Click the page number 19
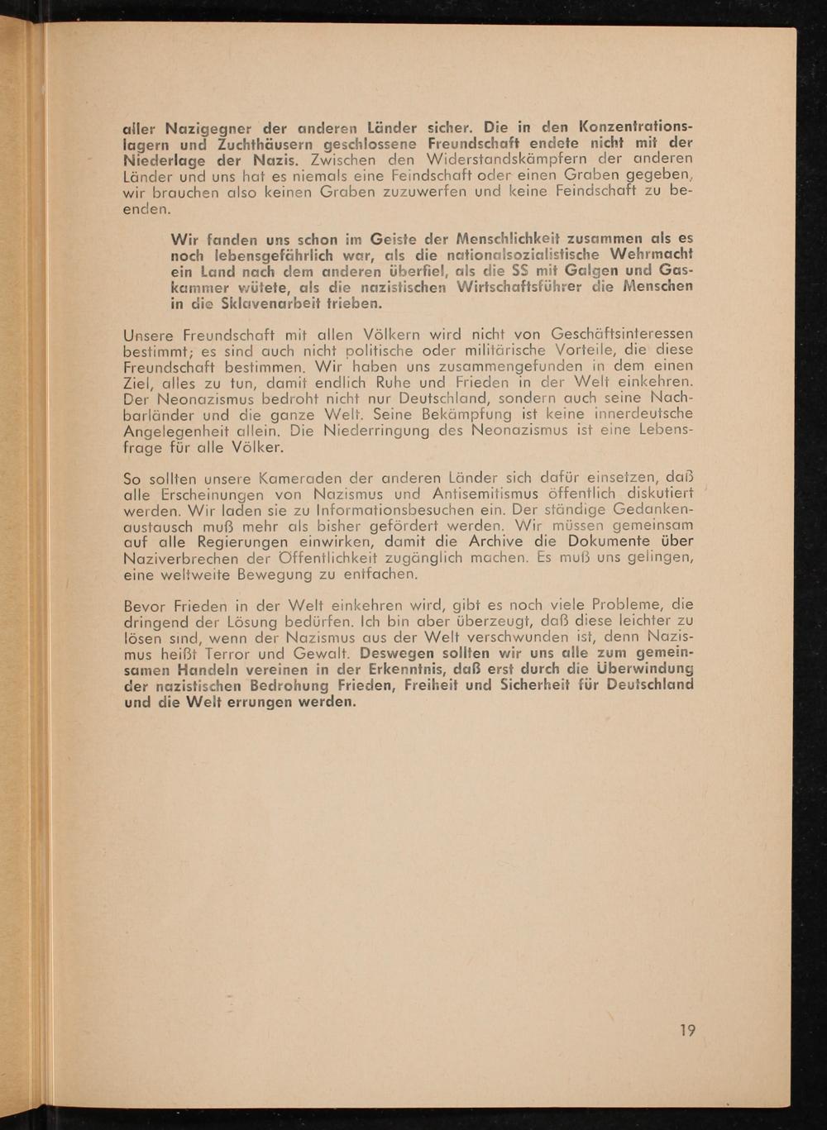687,1030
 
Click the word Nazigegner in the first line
200,129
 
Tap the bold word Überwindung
643,670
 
